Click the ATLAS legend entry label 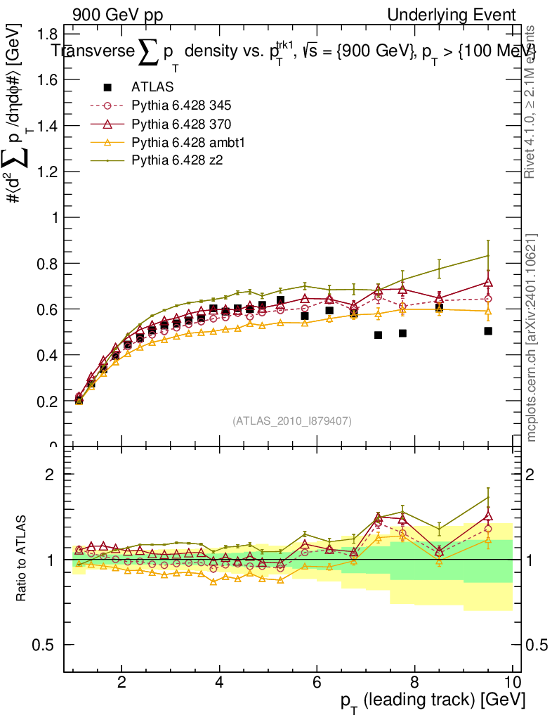[152, 88]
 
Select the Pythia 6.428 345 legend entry [181, 106]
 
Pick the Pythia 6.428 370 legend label [181, 124]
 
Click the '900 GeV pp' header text [117, 15]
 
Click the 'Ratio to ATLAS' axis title [22, 560]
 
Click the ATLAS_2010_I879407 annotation [291, 420]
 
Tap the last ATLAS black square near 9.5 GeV [488, 330]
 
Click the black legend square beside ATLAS [108, 88]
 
